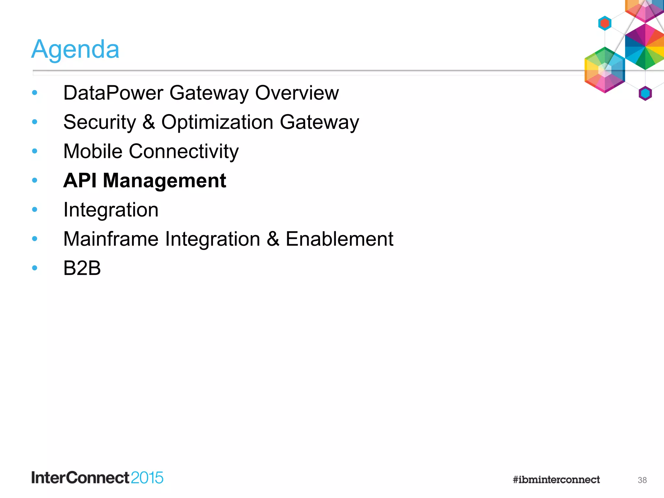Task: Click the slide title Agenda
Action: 75,49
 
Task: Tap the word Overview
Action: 297,93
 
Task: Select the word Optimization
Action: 217,122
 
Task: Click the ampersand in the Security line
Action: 148,122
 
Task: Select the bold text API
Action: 80,181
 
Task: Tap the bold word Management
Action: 164,181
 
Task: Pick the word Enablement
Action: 339,239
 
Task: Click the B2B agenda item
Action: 82,268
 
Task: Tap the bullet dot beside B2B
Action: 35,268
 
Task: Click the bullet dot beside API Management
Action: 35,180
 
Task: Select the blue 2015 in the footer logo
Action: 147,478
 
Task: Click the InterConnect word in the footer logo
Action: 80,478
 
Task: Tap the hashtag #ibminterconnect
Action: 556,480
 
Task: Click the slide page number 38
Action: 642,480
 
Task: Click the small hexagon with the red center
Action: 605,23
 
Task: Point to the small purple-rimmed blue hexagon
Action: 645,93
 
